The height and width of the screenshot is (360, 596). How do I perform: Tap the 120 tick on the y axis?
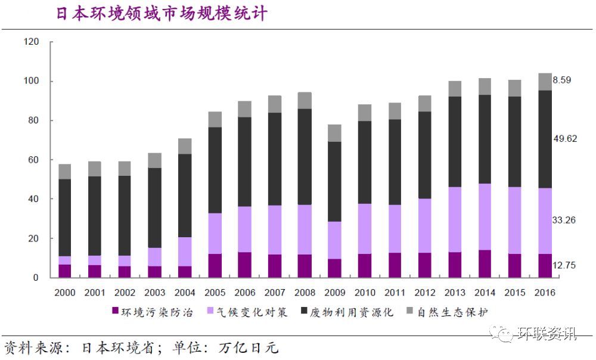(31, 42)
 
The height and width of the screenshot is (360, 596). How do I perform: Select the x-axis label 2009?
(334, 293)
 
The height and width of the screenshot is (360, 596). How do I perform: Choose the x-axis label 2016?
(544, 293)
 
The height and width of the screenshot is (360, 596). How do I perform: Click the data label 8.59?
(562, 80)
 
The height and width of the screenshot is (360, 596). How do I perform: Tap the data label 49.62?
(564, 138)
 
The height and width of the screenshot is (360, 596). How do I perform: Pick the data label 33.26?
(564, 221)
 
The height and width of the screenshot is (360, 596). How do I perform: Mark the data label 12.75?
(564, 266)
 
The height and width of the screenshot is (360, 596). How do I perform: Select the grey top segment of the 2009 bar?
(334, 133)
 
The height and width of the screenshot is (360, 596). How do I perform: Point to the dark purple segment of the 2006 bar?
(244, 265)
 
